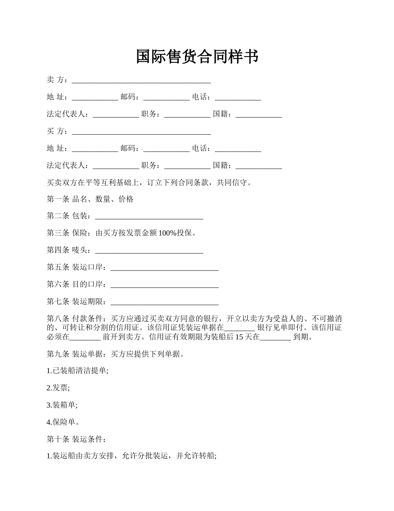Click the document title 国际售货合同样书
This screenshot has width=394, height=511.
197,57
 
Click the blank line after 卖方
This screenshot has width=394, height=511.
141,81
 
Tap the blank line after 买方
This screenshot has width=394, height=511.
141,132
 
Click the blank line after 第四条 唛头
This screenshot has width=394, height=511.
149,251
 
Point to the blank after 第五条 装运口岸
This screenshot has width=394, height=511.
165,268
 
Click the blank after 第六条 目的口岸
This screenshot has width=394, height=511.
165,285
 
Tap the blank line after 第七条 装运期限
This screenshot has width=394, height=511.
165,302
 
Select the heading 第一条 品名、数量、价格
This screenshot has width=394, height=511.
90,199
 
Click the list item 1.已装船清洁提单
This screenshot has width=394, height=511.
78,371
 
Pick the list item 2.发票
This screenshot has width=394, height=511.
58,388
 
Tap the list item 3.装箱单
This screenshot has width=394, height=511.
62,405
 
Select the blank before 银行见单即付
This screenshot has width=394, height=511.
239,328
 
